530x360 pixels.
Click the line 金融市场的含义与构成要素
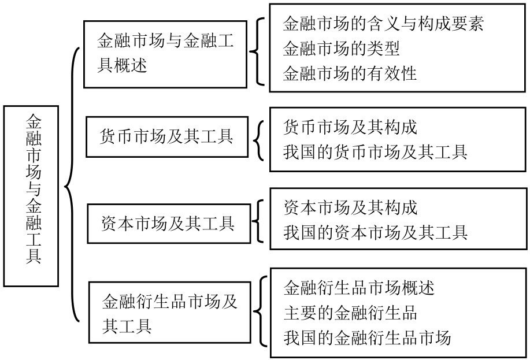383,24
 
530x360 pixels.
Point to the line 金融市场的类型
342,49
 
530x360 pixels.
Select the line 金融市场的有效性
350,73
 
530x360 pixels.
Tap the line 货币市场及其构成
350,128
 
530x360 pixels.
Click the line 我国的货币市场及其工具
375,152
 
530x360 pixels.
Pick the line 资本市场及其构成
350,207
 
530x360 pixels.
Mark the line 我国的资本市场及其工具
376,232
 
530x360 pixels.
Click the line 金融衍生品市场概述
359,288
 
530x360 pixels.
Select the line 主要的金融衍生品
350,313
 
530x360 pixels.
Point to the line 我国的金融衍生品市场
367,337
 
